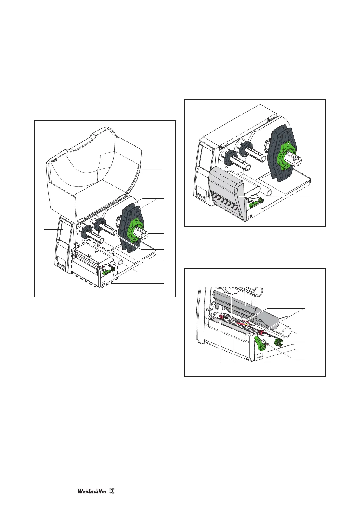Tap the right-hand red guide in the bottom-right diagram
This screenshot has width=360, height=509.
coord(260,333)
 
